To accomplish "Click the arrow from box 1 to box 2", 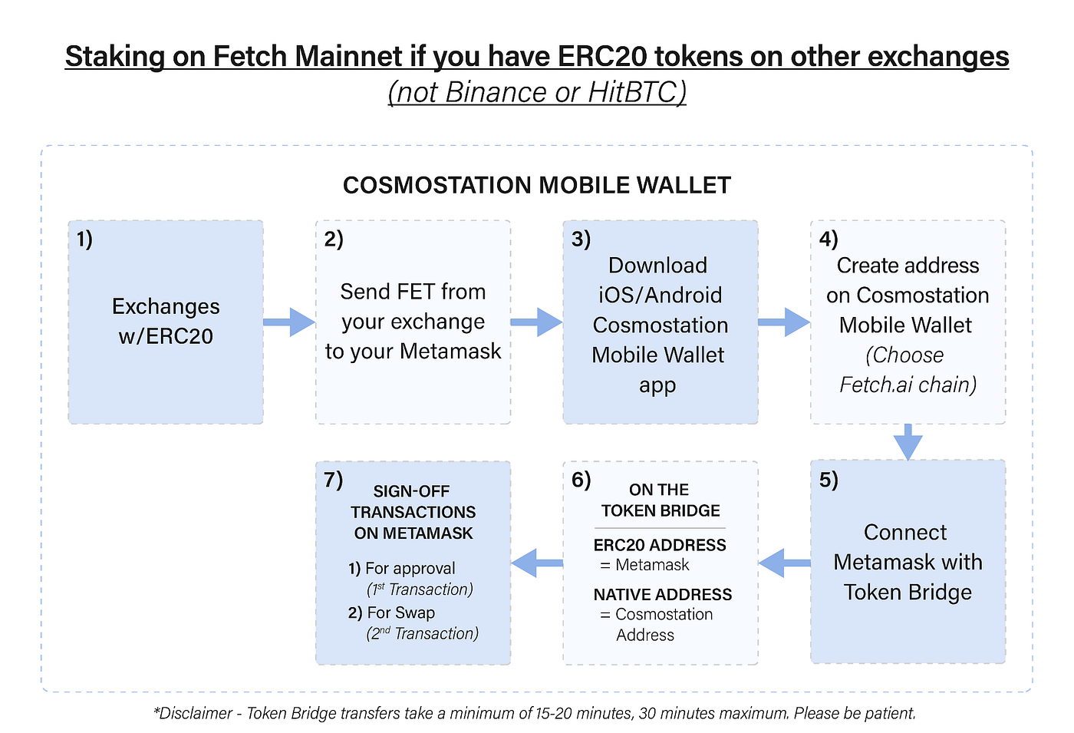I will (x=289, y=322).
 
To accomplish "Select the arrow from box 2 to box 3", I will (x=536, y=322).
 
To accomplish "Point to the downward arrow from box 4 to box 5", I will (x=908, y=442).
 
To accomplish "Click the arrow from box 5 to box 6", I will (x=784, y=563).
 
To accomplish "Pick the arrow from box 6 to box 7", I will (x=536, y=563).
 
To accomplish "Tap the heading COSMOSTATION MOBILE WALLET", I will (x=536, y=185).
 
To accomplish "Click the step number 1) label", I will (x=84, y=239).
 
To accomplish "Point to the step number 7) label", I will (x=333, y=480).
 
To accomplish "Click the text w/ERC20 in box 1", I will (x=166, y=336).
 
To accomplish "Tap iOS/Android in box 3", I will (x=660, y=296).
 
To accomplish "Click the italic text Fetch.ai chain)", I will (x=908, y=385).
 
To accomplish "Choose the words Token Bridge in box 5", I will (x=908, y=593).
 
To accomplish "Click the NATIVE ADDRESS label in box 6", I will (x=663, y=594).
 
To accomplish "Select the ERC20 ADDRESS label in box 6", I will (x=660, y=545).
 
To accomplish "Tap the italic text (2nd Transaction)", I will (x=422, y=633).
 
